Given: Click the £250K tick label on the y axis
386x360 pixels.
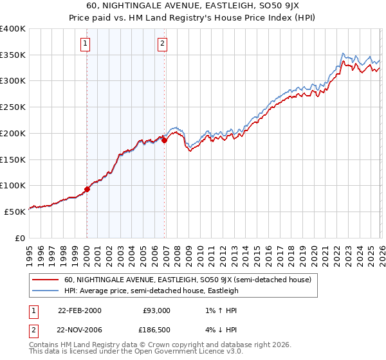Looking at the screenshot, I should [13, 107].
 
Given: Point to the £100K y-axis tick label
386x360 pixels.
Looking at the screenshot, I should [13, 186].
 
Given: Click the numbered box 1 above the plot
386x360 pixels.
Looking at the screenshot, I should [86, 44].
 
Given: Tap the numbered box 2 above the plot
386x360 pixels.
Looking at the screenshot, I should [161, 44].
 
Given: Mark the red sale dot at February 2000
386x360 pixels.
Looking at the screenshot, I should [87, 189].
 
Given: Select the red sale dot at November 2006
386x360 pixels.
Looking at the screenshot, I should [164, 139].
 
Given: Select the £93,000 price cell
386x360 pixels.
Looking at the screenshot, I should [156, 310].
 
